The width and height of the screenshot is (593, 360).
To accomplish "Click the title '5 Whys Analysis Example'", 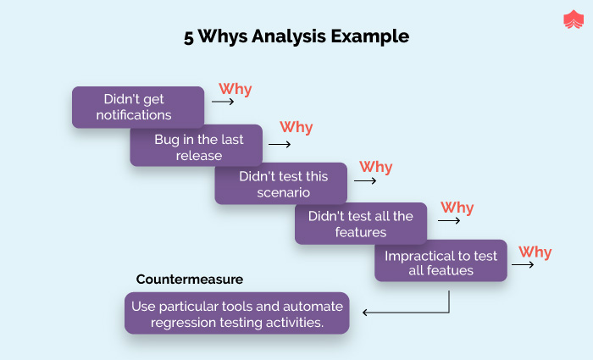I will click(x=296, y=36).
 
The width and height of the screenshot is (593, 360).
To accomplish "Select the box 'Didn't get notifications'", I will click(x=138, y=107).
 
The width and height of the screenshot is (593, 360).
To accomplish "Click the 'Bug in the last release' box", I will click(x=197, y=147).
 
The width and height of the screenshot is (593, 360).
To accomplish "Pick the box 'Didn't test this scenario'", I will click(x=282, y=184).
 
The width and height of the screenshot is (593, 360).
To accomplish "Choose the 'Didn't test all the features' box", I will click(x=360, y=224).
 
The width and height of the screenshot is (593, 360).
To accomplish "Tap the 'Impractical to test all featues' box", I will click(x=441, y=262).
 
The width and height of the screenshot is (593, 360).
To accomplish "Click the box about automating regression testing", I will click(x=236, y=313).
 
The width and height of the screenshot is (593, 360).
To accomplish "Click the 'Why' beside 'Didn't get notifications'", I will click(x=236, y=89).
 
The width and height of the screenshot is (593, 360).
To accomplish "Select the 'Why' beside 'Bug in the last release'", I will click(x=296, y=127).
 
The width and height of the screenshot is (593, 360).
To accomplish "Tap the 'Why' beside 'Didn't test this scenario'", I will click(x=376, y=166).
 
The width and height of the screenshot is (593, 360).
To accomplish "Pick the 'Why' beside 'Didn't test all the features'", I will click(x=457, y=207).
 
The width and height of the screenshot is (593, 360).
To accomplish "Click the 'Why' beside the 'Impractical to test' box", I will click(x=535, y=252).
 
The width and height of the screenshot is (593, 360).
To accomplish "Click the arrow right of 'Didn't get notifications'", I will click(x=223, y=101).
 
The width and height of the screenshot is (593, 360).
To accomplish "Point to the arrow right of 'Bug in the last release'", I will click(x=279, y=143).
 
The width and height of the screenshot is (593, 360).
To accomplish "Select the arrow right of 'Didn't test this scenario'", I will click(x=365, y=180).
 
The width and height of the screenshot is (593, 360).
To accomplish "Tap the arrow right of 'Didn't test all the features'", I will click(x=449, y=221).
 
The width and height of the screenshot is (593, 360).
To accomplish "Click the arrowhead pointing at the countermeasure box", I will click(x=366, y=313).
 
